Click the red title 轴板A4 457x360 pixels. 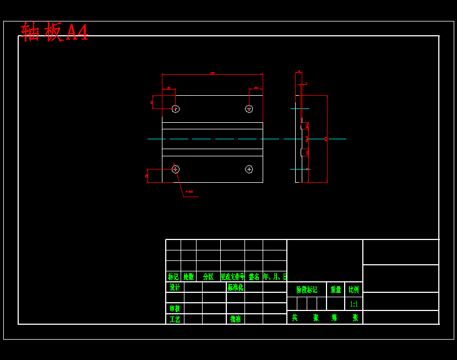click(54, 32)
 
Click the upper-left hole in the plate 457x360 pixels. click(176, 109)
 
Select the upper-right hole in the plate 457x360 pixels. click(249, 109)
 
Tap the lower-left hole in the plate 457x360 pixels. click(176, 169)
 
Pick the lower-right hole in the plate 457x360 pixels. click(249, 169)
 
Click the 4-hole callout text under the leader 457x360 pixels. click(189, 192)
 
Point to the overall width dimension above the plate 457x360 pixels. click(213, 73)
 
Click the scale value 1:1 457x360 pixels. click(353, 304)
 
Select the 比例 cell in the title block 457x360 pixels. click(353, 290)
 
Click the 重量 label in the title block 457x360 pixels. click(335, 290)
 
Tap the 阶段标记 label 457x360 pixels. click(307, 290)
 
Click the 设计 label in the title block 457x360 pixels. click(175, 287)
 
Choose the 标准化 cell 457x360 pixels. click(236, 287)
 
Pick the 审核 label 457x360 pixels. click(175, 308)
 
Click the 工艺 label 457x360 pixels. click(175, 319)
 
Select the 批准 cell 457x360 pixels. click(236, 319)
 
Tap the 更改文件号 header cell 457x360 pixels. click(232, 277)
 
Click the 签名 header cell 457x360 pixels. click(254, 277)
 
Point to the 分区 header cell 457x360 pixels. click(208, 277)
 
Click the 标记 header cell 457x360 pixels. click(173, 277)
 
